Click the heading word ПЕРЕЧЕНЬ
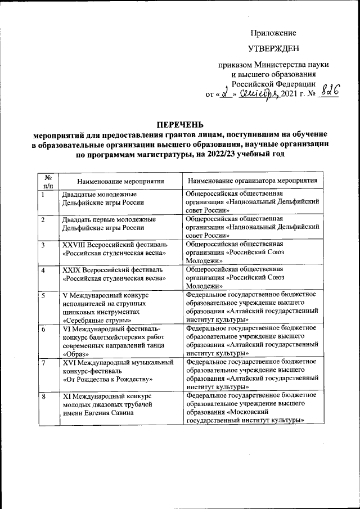[180, 124]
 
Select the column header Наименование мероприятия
[121, 181]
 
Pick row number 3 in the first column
[43, 245]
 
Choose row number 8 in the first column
[43, 397]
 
